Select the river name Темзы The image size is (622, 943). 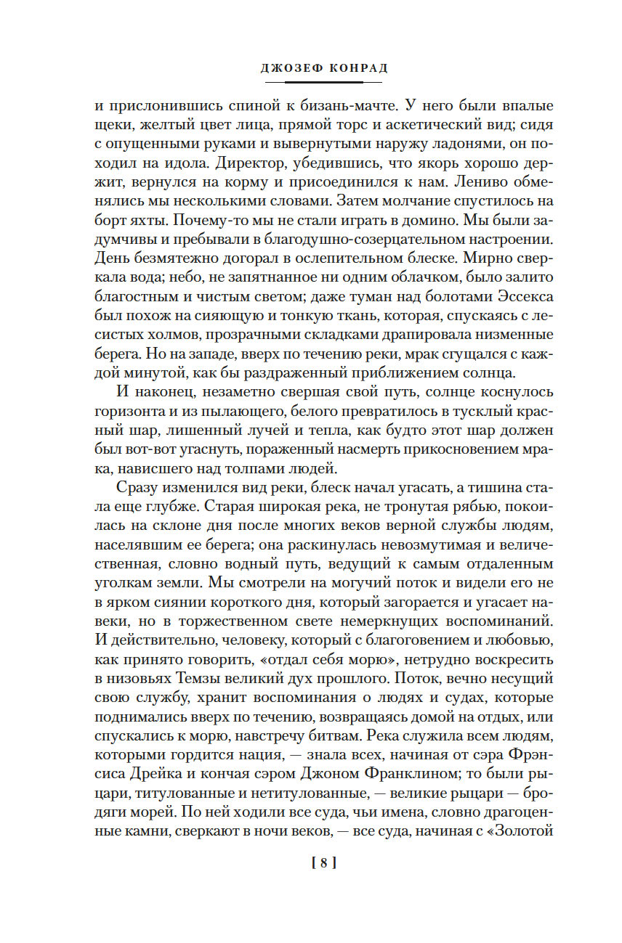198,681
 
